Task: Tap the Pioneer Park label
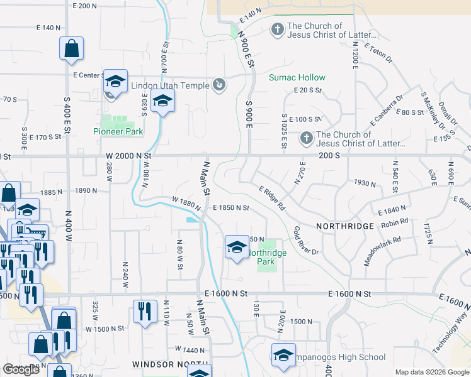click(x=118, y=131)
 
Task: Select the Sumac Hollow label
click(x=297, y=77)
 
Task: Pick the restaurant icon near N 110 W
click(x=145, y=312)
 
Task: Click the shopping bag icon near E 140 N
click(x=72, y=49)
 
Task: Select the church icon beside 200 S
click(x=306, y=137)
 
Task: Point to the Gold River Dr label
click(x=306, y=241)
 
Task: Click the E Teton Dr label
click(x=378, y=52)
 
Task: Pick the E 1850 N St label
click(x=231, y=208)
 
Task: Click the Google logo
click(x=21, y=369)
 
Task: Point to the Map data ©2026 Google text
click(x=431, y=372)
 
